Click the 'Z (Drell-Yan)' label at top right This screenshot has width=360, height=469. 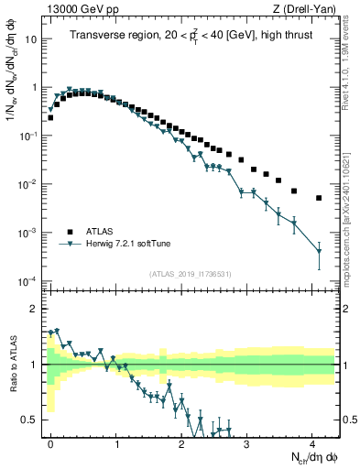point(304,10)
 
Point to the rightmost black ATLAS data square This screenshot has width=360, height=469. point(319,198)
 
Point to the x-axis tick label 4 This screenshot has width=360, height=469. point(312,442)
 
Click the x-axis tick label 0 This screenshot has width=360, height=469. point(50,442)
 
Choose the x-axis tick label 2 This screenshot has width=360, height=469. point(181,442)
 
